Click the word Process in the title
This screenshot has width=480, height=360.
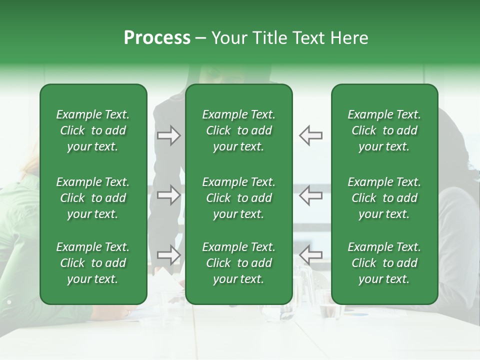tap(157, 38)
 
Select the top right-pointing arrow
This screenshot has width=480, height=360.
tap(169, 135)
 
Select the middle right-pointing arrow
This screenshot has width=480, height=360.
tap(169, 195)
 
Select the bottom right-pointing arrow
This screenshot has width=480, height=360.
tap(169, 255)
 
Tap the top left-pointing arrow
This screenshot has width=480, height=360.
tap(310, 135)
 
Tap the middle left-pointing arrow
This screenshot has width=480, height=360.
tap(310, 195)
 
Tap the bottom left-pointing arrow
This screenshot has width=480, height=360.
tap(310, 255)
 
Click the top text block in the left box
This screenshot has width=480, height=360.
tap(93, 130)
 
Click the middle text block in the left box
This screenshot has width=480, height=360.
tap(93, 198)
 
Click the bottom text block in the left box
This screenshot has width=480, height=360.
tap(93, 263)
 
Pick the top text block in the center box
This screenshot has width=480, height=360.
tap(238, 130)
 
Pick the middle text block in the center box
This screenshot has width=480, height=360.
tap(238, 198)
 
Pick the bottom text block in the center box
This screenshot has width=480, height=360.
tap(238, 263)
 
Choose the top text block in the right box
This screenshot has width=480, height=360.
tap(384, 130)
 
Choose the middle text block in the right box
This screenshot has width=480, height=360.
tap(384, 198)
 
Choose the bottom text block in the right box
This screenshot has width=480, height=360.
tap(384, 263)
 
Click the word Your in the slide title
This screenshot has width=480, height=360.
tap(227, 38)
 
